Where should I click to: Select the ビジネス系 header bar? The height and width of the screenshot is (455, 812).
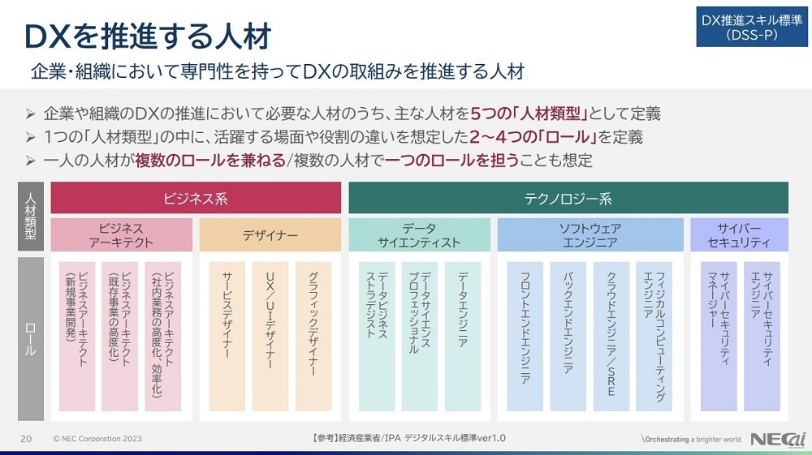click(196, 198)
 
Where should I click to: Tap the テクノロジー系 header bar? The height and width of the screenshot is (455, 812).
click(568, 198)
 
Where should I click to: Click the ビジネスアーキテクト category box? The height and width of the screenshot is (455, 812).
click(122, 235)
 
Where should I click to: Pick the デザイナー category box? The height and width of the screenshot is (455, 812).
click(270, 235)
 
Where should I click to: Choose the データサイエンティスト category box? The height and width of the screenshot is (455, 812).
click(419, 235)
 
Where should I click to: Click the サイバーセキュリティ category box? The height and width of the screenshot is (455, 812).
click(739, 235)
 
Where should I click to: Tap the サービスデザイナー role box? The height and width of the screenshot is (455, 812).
click(227, 335)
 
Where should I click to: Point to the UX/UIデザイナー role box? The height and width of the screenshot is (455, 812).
click(270, 335)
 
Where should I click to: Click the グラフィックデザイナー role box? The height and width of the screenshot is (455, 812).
click(313, 335)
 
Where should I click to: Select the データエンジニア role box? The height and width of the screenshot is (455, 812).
click(462, 335)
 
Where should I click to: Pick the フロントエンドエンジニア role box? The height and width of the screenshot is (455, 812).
click(525, 335)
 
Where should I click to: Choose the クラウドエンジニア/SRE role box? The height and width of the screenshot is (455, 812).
click(611, 335)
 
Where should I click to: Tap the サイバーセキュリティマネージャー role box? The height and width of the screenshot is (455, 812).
click(718, 335)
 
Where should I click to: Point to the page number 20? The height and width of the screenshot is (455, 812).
click(26, 439)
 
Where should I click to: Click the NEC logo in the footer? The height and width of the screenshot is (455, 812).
click(778, 439)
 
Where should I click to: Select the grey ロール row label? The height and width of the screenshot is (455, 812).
click(31, 339)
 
